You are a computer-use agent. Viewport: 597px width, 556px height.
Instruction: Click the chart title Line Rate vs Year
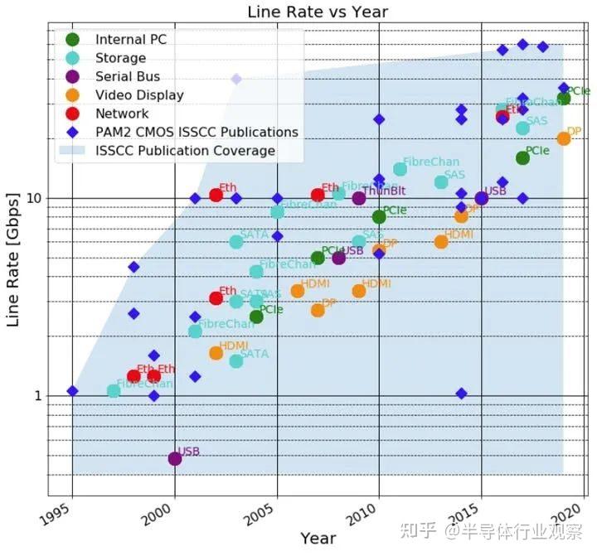[x=318, y=12]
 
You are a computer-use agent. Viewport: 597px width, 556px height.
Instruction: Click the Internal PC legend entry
[x=130, y=40]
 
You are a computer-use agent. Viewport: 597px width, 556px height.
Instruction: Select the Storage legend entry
[x=120, y=58]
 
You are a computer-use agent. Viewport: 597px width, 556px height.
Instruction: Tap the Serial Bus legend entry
[x=128, y=76]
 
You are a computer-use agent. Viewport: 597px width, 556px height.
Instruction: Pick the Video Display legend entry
[x=139, y=94]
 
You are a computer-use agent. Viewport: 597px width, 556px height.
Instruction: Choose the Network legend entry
[x=122, y=114]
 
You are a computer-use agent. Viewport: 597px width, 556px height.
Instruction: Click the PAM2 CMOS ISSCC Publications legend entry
[x=197, y=132]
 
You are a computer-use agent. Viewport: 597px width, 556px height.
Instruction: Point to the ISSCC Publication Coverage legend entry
[x=185, y=151]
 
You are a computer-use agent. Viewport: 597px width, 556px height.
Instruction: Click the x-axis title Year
[x=318, y=539]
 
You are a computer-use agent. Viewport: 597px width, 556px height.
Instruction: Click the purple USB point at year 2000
[x=175, y=458]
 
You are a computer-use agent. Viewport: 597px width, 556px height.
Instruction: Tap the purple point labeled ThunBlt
[x=359, y=198]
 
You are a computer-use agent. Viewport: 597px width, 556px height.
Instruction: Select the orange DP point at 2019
[x=564, y=138]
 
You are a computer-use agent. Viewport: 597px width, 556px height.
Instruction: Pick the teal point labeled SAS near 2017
[x=522, y=128]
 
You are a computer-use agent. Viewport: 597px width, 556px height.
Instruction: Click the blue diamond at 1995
[x=72, y=390]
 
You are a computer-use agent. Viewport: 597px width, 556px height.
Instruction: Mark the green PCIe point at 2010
[x=379, y=217]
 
